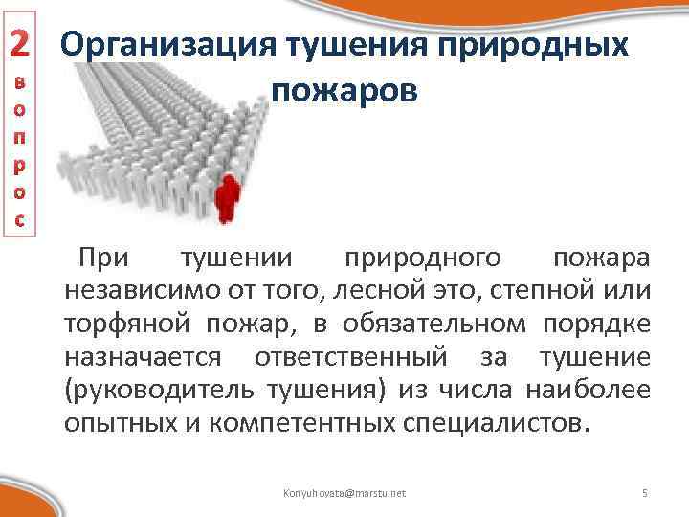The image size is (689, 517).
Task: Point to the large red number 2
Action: click(x=21, y=42)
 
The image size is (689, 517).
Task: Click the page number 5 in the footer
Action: click(x=644, y=492)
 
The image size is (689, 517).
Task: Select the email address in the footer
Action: click(x=344, y=492)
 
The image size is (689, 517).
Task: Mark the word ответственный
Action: click(x=350, y=358)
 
